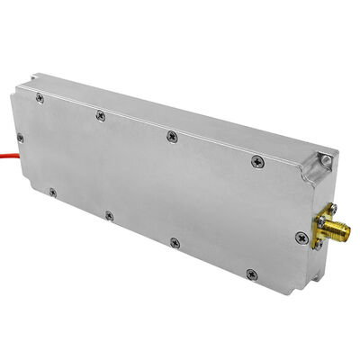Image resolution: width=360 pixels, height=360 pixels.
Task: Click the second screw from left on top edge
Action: [100, 113]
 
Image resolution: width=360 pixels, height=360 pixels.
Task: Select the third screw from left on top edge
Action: [171, 135]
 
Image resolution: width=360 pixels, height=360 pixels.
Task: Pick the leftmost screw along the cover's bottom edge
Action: [53, 192]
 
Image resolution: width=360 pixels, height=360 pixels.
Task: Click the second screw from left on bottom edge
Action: [109, 215]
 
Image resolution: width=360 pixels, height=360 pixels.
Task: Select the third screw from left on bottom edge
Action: [175, 242]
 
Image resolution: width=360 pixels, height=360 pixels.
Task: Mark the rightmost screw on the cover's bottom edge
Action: [251, 274]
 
